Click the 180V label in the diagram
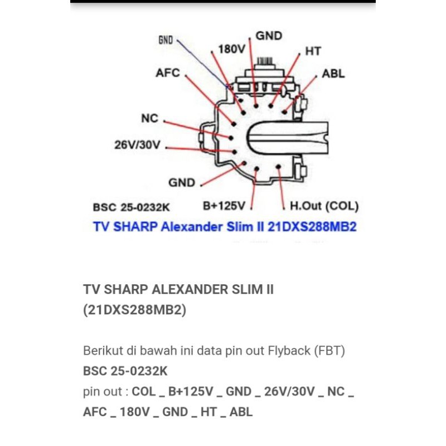(232, 49)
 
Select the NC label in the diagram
(149, 119)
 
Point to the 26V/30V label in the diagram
(137, 146)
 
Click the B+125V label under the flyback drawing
(224, 206)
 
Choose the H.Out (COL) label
(324, 206)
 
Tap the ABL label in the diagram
(333, 74)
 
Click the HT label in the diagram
(313, 51)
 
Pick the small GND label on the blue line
(166, 41)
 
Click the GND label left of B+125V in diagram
(182, 183)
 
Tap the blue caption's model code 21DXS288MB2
(313, 227)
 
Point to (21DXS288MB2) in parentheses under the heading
(134, 309)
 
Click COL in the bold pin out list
(143, 391)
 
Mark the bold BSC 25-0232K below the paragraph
(125, 371)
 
